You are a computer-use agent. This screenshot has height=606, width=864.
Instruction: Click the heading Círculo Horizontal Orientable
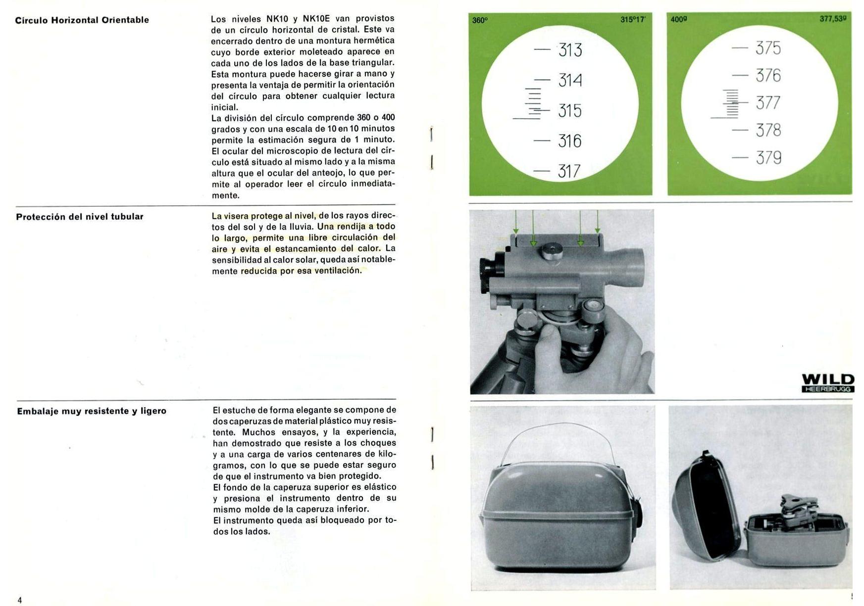pyautogui.click(x=82, y=20)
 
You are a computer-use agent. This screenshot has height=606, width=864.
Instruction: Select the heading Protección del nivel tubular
pyautogui.click(x=80, y=217)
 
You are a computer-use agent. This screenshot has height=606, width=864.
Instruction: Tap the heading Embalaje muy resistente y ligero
pyautogui.click(x=92, y=411)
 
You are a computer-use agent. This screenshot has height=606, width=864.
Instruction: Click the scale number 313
pyautogui.click(x=570, y=50)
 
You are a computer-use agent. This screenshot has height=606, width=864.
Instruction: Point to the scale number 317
pyautogui.click(x=569, y=171)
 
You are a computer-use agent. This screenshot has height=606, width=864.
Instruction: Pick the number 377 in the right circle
pyautogui.click(x=768, y=103)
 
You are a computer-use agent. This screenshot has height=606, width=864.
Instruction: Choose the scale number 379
pyautogui.click(x=769, y=158)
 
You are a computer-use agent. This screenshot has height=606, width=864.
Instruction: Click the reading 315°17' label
pyautogui.click(x=633, y=20)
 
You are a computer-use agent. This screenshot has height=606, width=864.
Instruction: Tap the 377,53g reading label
pyautogui.click(x=833, y=19)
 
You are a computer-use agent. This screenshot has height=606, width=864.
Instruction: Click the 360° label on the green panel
pyautogui.click(x=480, y=21)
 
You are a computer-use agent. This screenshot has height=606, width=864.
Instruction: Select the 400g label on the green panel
pyautogui.click(x=679, y=19)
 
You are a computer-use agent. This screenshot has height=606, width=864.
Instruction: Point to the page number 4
pyautogui.click(x=20, y=600)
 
